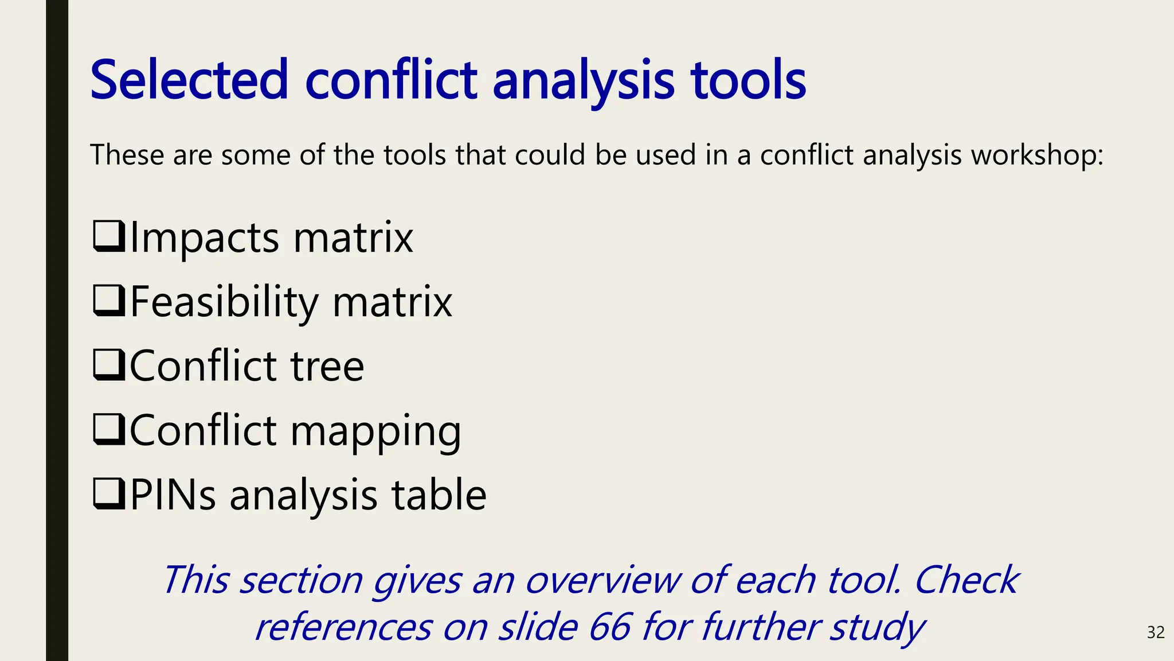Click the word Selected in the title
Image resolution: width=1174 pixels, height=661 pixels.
pyautogui.click(x=189, y=80)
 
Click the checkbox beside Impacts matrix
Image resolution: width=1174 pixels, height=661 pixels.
pyautogui.click(x=108, y=236)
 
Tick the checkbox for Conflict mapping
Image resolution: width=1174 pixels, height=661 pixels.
pyautogui.click(x=108, y=430)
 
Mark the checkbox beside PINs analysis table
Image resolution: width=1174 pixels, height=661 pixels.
pyautogui.click(x=108, y=494)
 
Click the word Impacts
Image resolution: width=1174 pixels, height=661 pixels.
pyautogui.click(x=205, y=238)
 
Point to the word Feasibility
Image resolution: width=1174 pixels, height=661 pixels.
pyautogui.click(x=224, y=302)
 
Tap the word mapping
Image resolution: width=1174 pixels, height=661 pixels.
pyautogui.click(x=375, y=431)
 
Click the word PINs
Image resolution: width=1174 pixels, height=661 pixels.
pyautogui.click(x=173, y=495)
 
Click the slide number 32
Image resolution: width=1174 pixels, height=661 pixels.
pyautogui.click(x=1155, y=632)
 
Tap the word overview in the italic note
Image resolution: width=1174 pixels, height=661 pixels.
pyautogui.click(x=602, y=580)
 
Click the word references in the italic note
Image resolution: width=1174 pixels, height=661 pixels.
pyautogui.click(x=343, y=627)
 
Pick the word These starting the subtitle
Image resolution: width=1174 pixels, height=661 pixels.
pyautogui.click(x=127, y=155)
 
